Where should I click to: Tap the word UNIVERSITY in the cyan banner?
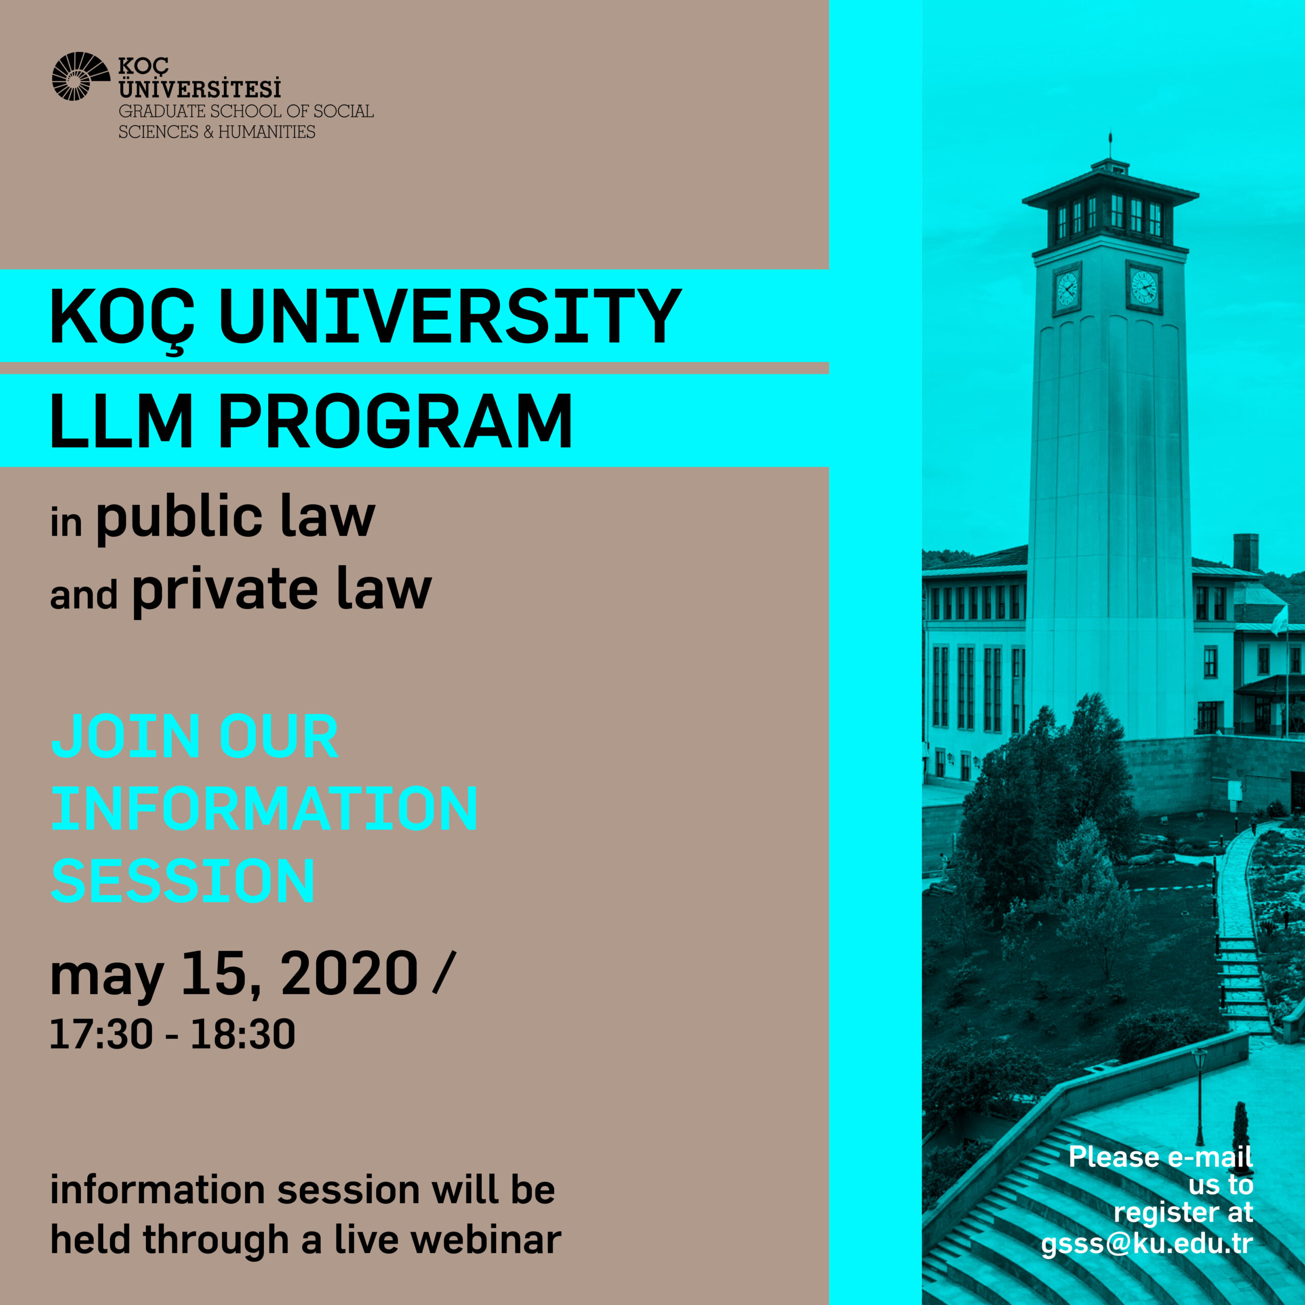tap(451, 316)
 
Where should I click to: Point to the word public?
tap(179, 519)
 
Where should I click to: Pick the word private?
tap(225, 591)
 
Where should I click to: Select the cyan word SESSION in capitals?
tap(183, 881)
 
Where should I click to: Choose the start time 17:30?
tap(101, 1034)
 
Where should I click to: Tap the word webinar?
tap(486, 1240)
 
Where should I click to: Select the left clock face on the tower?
tap(1067, 289)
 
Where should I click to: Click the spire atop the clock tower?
tap(1110, 146)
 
